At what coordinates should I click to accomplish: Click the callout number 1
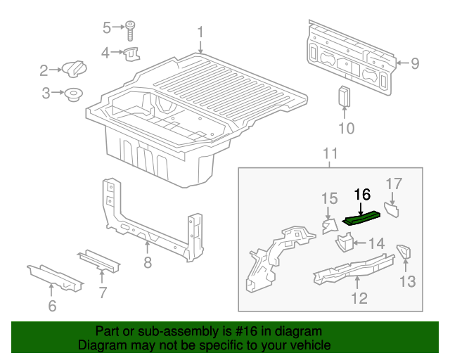click(200, 32)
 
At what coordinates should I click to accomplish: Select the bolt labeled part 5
click(131, 29)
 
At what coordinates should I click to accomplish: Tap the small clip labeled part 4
click(132, 53)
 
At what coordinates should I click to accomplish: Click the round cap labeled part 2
click(73, 70)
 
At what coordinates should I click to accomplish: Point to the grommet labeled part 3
click(72, 94)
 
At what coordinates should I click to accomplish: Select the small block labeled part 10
click(345, 96)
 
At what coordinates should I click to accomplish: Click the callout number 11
click(330, 153)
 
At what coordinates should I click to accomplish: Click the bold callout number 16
click(361, 195)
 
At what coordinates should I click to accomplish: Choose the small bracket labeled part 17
click(391, 209)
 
